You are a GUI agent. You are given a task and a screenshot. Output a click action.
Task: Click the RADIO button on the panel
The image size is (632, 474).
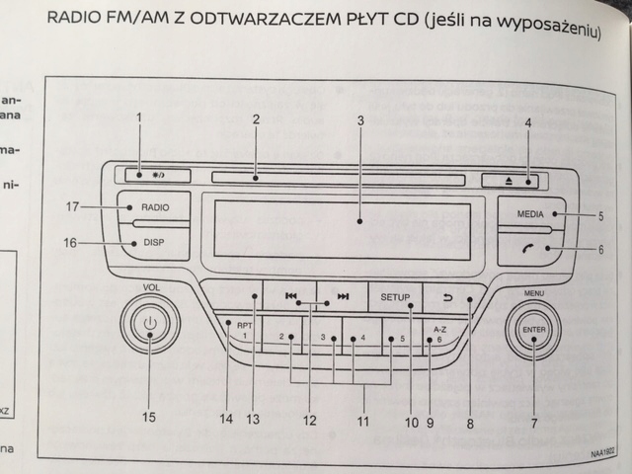point(153,208)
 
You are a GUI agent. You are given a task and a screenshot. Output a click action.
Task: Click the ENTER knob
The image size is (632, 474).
point(532,332)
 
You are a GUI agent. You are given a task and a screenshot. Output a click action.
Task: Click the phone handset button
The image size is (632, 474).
point(531,249)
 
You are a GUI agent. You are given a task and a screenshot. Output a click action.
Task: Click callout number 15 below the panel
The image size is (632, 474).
point(148,418)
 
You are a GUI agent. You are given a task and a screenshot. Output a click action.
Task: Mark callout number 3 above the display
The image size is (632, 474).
point(361,120)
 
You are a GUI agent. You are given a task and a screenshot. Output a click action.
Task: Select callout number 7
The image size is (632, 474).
point(533,424)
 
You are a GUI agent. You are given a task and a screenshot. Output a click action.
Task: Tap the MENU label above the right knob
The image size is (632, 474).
point(534,294)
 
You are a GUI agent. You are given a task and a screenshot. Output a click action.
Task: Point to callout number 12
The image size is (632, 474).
point(310,421)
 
